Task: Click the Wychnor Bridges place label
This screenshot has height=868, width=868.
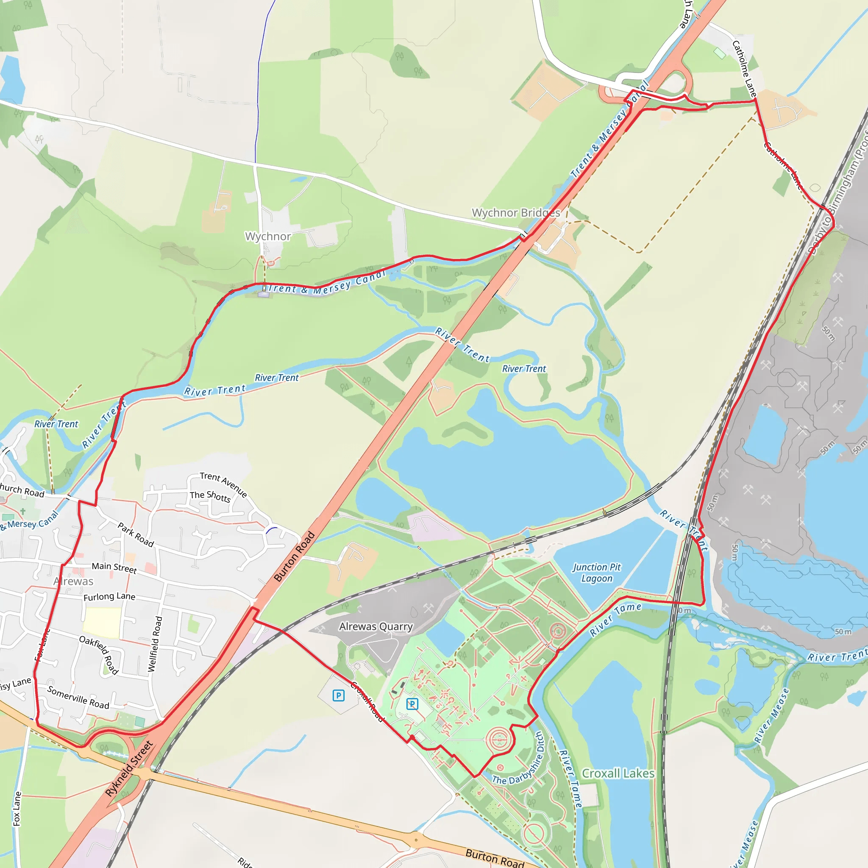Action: (516, 212)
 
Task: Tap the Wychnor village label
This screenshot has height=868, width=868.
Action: (268, 236)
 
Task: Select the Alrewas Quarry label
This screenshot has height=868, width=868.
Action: (376, 626)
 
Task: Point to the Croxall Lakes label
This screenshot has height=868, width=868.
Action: (618, 773)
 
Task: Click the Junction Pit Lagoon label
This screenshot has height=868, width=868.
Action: (596, 573)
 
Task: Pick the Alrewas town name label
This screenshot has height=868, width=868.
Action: (74, 581)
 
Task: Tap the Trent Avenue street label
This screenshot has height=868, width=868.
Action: (223, 484)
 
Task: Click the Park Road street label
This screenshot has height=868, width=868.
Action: (136, 534)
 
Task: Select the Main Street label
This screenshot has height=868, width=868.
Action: (114, 568)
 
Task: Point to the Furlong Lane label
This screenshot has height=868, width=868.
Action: (109, 596)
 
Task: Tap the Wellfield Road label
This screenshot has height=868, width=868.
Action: (155, 644)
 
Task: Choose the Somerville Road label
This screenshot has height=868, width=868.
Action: (78, 697)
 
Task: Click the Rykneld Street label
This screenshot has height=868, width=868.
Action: (129, 769)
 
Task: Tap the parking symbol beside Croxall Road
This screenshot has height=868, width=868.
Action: (338, 696)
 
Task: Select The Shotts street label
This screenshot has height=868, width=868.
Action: (210, 496)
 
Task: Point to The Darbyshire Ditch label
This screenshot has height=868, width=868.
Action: (519, 759)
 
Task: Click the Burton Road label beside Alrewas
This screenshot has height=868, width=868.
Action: (294, 556)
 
